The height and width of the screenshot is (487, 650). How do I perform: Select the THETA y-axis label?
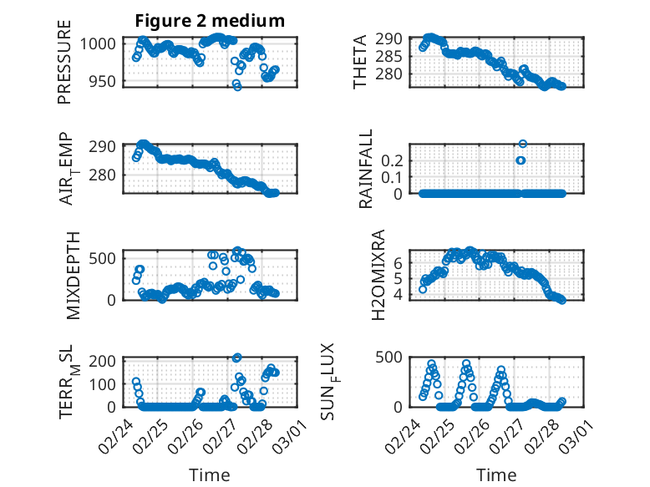point(360,62)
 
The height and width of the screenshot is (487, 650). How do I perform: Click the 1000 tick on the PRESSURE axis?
point(102,44)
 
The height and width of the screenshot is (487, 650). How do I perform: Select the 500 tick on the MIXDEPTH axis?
point(106,256)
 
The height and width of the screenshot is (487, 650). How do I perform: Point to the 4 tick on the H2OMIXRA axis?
point(399,294)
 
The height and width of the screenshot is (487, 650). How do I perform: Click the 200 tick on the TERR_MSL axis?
point(106,361)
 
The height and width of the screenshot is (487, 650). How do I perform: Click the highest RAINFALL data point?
point(523,144)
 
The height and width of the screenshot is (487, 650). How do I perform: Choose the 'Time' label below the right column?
point(496,475)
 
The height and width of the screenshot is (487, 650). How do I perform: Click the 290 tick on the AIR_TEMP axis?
point(106,147)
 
